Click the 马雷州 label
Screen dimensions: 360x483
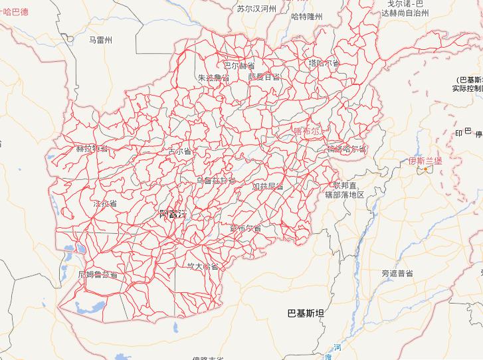pyautogui.click(x=102, y=40)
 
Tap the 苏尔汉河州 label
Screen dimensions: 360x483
pyautogui.click(x=256, y=9)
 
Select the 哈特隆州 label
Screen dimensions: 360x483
pyautogui.click(x=306, y=17)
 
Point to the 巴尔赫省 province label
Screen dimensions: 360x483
pyautogui.click(x=239, y=65)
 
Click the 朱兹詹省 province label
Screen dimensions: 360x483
pyautogui.click(x=213, y=78)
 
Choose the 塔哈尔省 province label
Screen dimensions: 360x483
pyautogui.click(x=324, y=63)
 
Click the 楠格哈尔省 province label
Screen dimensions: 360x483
pyautogui.click(x=345, y=149)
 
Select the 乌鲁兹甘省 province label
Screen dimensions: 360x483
pyautogui.click(x=215, y=181)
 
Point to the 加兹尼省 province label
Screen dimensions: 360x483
pyautogui.click(x=268, y=187)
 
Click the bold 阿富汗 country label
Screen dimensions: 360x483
pyautogui.click(x=175, y=213)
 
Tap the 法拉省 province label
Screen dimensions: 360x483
pyautogui.click(x=105, y=203)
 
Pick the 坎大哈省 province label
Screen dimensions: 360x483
pyautogui.click(x=202, y=266)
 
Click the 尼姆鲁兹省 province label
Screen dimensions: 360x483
pyautogui.click(x=98, y=274)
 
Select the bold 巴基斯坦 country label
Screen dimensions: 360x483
pyautogui.click(x=305, y=312)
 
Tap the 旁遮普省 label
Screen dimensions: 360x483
pyautogui.click(x=397, y=273)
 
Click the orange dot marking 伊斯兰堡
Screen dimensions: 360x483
pyautogui.click(x=425, y=169)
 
